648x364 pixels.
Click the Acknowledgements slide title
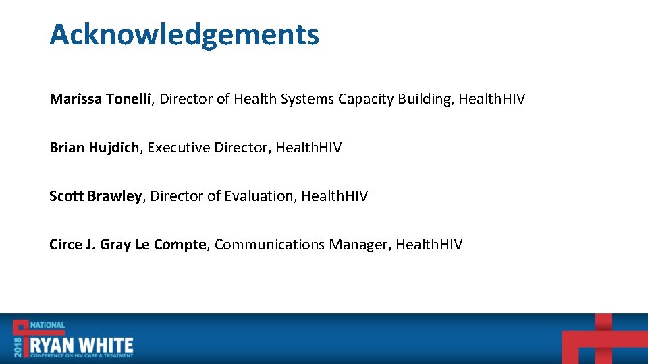tap(184, 34)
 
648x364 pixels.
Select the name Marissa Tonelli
tap(102, 100)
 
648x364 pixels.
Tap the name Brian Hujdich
tap(94, 148)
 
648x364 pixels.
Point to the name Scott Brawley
tap(95, 196)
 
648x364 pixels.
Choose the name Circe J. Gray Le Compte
tap(128, 245)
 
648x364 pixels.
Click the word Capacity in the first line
tap(366, 100)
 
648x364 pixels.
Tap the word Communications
tap(269, 245)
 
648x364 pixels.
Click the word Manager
tap(358, 245)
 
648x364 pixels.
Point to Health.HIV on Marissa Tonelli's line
tap(491, 100)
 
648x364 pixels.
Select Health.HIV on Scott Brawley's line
tap(334, 196)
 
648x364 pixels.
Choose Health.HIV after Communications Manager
tap(429, 245)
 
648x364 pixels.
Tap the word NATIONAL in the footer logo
tap(47, 326)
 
